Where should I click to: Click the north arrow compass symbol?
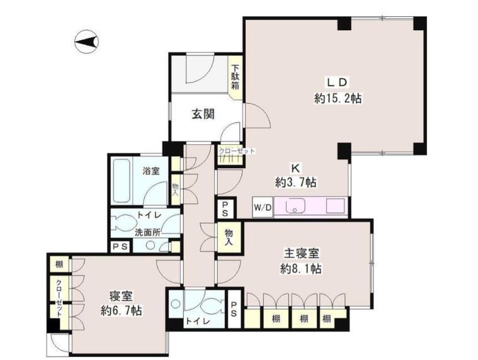pos(86,43)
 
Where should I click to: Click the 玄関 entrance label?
pos(203,115)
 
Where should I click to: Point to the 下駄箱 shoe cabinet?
pos(235,77)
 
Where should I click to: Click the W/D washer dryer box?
pos(262,207)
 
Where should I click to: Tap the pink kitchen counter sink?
pos(293,206)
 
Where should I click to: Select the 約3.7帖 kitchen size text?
pos(295,183)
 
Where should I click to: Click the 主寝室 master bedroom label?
pos(300,254)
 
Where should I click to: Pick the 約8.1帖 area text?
pos(302,269)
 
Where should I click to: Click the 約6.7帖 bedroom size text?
pos(121,310)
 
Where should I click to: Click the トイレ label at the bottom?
pos(194,322)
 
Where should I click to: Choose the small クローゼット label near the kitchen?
pos(237,151)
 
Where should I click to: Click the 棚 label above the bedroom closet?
pos(59,264)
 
